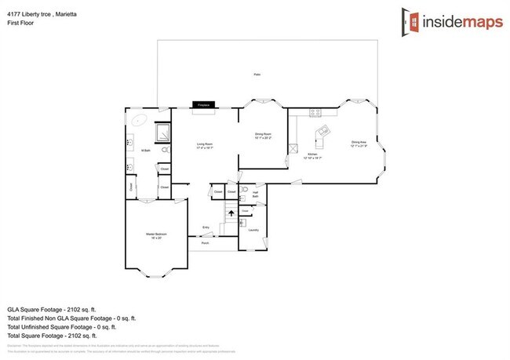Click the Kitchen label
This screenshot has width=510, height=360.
312,155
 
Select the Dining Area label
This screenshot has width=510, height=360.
359,144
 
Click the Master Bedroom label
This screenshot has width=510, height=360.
155,235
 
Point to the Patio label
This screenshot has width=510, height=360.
257,75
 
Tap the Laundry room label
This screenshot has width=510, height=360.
253,230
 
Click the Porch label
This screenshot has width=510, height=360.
206,243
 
